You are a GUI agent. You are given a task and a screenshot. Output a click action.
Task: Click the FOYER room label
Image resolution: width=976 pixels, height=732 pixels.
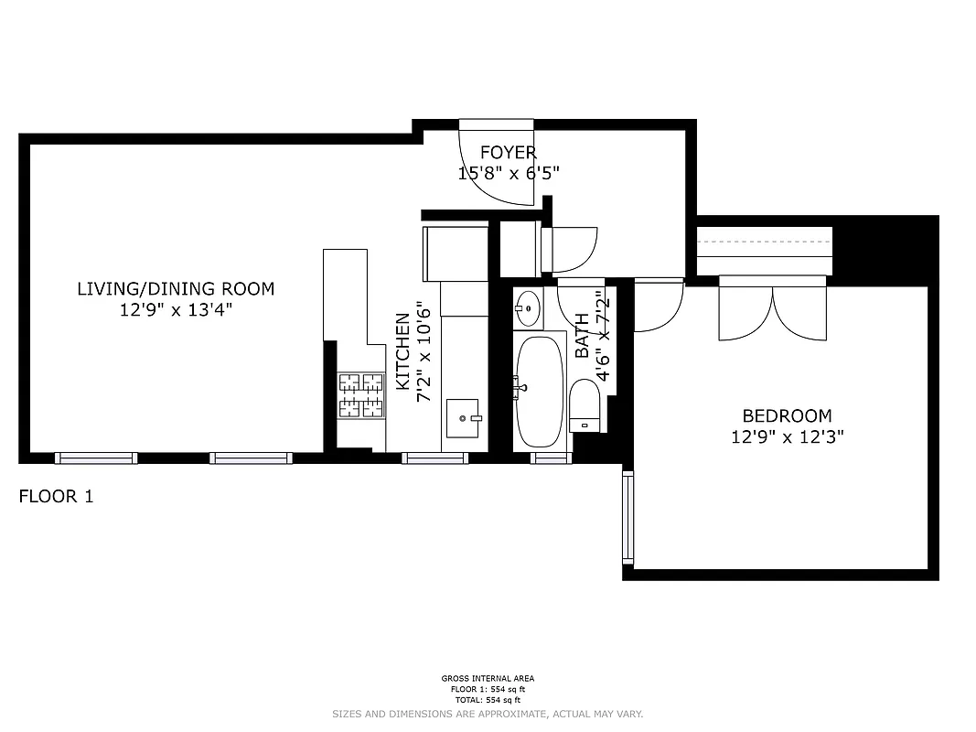tap(508, 153)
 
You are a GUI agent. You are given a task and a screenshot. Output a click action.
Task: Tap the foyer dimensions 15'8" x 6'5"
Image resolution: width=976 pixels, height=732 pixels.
tap(508, 172)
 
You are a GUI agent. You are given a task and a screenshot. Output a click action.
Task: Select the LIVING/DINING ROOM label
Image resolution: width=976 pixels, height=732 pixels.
tap(176, 289)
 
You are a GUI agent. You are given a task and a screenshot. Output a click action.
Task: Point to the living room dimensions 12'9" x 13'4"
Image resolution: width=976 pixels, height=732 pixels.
tap(176, 309)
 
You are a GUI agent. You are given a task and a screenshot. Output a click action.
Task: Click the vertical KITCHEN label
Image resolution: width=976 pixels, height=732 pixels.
tap(402, 352)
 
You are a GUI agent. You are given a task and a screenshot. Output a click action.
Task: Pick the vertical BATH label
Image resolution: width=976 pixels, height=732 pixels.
tap(583, 336)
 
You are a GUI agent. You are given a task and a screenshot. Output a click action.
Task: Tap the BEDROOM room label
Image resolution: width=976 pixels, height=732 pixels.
tap(787, 415)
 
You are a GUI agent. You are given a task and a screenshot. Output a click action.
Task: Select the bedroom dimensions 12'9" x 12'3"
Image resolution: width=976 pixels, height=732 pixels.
tap(787, 436)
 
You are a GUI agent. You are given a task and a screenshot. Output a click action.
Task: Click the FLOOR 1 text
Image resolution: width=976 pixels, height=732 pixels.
tap(56, 497)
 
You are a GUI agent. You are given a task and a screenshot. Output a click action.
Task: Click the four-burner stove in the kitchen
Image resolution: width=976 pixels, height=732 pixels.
tap(361, 395)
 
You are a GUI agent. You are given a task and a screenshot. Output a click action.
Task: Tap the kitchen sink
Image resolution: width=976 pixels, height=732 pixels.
tap(465, 419)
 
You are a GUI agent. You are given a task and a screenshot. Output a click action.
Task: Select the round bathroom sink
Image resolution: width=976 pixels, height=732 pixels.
tap(528, 308)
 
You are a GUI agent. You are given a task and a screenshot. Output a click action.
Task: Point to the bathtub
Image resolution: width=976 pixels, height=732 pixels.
tap(539, 391)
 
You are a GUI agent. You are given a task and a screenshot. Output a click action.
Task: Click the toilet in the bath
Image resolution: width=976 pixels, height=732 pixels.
tap(584, 406)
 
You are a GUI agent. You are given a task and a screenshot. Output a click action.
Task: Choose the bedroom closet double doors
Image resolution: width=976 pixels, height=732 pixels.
tap(773, 309)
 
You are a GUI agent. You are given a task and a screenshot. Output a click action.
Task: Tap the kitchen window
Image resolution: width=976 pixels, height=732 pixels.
tap(435, 457)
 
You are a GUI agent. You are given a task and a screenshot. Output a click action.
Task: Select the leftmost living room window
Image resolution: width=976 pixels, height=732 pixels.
tap(96, 457)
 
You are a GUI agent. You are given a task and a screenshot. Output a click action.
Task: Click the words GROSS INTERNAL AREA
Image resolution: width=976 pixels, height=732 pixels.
tap(488, 679)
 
